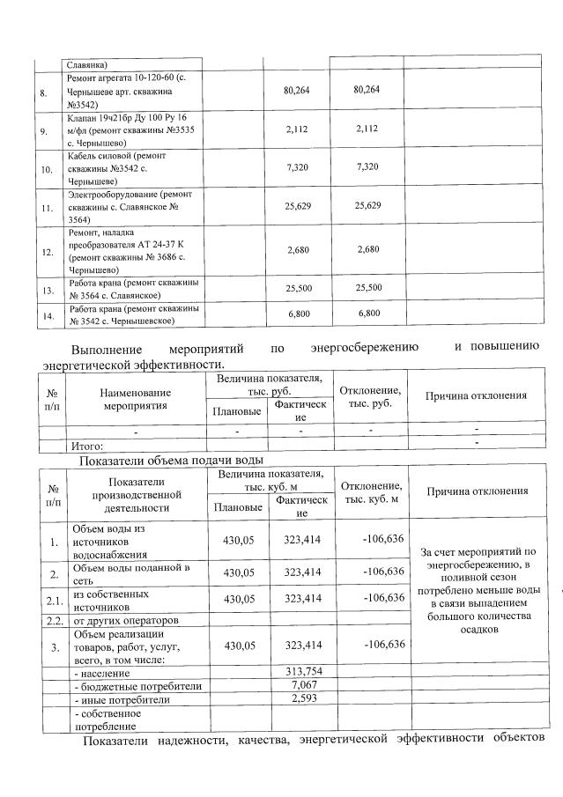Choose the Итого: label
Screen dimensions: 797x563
[87, 446]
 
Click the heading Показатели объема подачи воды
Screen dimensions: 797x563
[171, 460]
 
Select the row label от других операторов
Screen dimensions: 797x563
[123, 621]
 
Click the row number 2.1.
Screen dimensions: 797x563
[54, 601]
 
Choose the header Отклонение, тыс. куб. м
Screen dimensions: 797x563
[371, 492]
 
